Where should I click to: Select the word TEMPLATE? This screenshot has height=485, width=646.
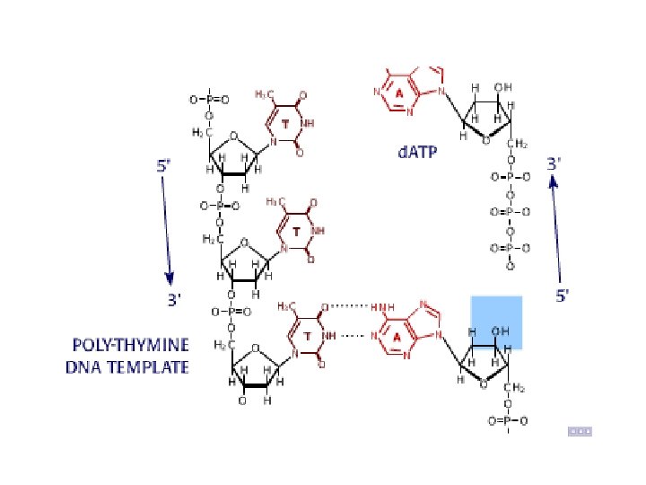point(153,366)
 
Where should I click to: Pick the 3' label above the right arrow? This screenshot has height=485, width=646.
point(555,163)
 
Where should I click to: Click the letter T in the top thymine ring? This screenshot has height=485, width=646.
point(285,121)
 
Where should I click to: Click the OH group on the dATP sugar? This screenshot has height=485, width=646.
point(503,87)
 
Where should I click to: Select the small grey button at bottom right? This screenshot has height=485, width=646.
point(580,431)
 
